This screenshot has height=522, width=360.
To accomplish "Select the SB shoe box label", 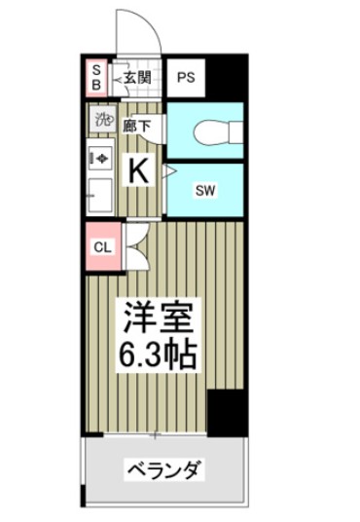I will [x=96, y=77].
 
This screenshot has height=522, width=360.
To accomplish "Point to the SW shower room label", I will [x=205, y=190].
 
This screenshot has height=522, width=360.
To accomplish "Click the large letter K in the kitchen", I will [x=139, y=171].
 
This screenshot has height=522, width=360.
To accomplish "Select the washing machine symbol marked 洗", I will [x=102, y=121].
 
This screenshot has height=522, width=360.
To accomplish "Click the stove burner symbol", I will [x=100, y=156].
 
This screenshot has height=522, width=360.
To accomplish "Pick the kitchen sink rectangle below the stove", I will [x=100, y=194].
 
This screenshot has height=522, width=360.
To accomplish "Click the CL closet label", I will [x=102, y=246].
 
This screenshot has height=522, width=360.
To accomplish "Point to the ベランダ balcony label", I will [x=163, y=470].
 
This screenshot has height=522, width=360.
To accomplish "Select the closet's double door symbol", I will [x=133, y=246].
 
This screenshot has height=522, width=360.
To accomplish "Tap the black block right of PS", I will [x=229, y=77].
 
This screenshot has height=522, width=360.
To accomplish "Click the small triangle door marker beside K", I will [x=168, y=171].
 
